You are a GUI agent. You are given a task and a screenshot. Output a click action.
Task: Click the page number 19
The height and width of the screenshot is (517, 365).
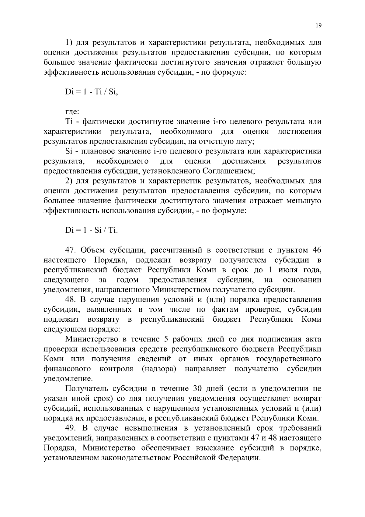(x=318, y=26)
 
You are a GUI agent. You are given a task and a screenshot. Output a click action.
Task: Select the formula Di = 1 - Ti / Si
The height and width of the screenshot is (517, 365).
(x=91, y=92)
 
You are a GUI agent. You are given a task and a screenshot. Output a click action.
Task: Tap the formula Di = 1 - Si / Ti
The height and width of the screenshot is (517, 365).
(x=91, y=230)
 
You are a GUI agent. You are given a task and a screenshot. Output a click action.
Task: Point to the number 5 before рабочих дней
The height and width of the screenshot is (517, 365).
(x=171, y=339)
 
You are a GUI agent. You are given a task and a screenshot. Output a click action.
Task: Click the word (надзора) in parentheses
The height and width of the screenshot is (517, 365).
(x=159, y=369)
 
